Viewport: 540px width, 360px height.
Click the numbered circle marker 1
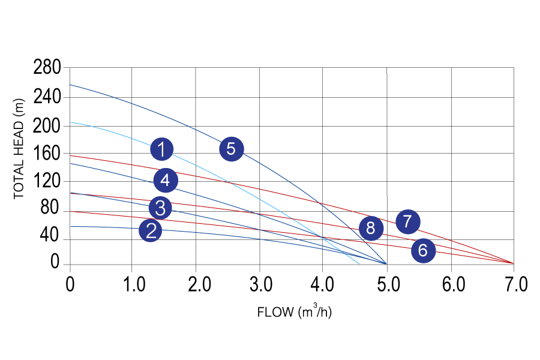tap(161, 149)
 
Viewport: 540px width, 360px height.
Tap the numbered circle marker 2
tap(151, 230)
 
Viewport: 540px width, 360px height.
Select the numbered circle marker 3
tap(160, 208)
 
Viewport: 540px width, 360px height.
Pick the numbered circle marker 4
tap(166, 180)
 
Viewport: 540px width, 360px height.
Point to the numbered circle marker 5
tap(231, 149)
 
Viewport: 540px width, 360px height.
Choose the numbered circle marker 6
tap(423, 250)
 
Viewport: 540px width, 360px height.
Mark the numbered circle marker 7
tap(407, 222)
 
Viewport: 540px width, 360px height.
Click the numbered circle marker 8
tap(371, 228)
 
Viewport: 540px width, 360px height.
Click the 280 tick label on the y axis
tap(47, 68)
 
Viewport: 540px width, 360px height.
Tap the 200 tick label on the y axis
tap(47, 126)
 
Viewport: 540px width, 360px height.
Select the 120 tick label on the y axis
tap(47, 181)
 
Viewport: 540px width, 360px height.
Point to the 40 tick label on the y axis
tap(52, 236)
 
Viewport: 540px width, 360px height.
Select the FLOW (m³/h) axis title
tap(292, 312)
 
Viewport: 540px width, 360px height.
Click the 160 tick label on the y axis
tap(47, 154)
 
